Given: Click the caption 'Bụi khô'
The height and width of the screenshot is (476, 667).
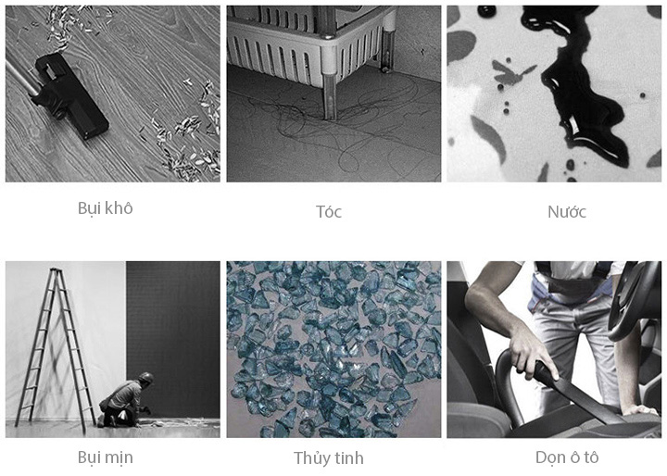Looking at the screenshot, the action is tap(105, 208).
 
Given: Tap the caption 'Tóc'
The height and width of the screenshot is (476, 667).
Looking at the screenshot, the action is tap(328, 211).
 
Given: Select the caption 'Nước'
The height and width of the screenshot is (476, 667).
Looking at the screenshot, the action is tap(567, 211).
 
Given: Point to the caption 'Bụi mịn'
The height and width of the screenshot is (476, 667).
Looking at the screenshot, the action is tap(105, 457).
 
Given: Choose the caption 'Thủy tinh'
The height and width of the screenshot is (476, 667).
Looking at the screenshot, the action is tap(328, 458).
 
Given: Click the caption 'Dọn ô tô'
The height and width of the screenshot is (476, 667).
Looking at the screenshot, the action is tap(567, 457).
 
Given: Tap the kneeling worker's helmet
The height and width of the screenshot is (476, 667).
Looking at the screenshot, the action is tap(146, 377).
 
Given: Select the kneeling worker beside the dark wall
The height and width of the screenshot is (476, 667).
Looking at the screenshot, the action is tap(125, 400).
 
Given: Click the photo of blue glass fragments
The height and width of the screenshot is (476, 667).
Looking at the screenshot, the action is tap(333, 349).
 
